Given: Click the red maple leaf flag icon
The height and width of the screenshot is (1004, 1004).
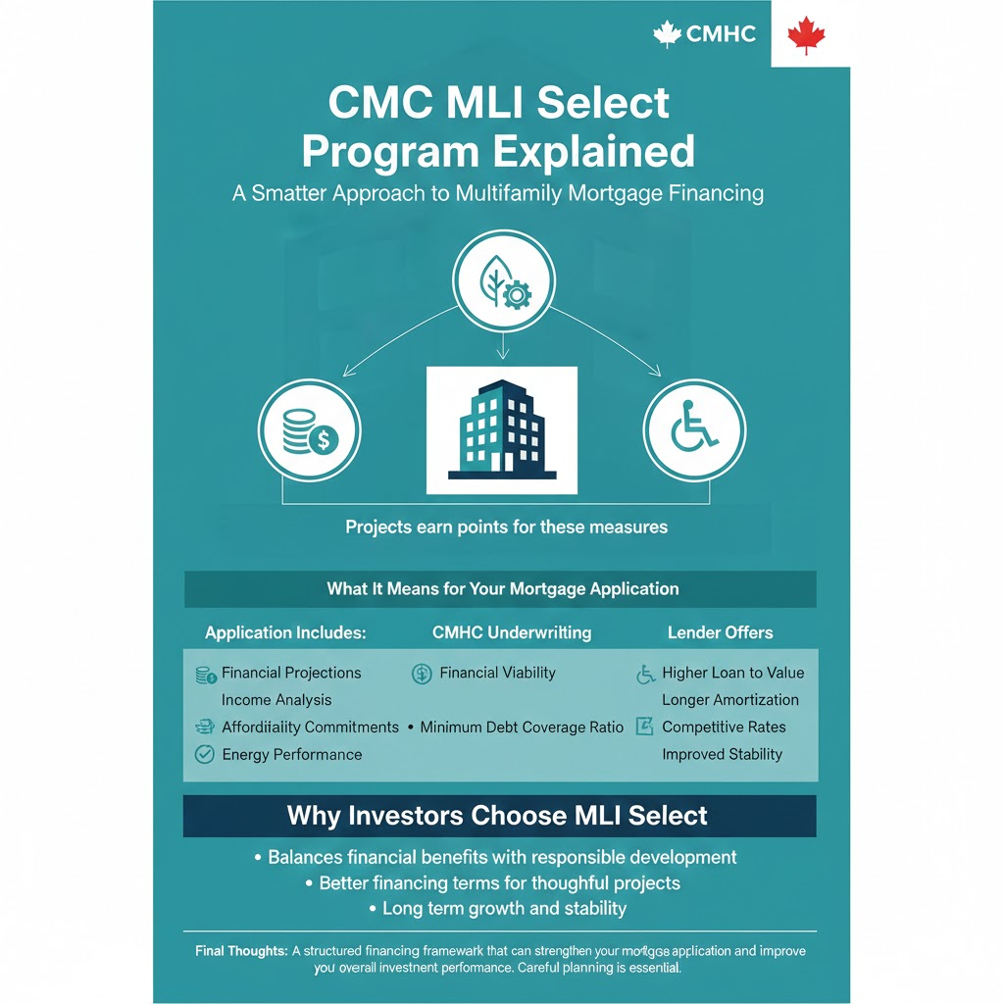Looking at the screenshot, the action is click(x=806, y=35).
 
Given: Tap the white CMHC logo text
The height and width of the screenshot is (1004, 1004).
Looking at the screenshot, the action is click(x=721, y=34).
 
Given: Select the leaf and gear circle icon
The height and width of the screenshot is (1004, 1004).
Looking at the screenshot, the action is click(x=503, y=280).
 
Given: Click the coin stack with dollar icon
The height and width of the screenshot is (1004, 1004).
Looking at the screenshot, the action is click(x=310, y=430).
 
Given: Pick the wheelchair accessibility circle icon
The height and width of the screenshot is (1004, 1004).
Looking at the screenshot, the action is click(x=695, y=430).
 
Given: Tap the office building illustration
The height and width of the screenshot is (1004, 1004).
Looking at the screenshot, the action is click(x=502, y=429).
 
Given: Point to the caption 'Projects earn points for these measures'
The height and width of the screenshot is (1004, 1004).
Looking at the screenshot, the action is click(x=507, y=527).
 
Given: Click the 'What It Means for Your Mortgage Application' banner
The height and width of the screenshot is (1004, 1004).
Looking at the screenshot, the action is click(x=500, y=589).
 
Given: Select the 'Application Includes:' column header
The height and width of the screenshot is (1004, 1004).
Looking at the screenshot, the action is click(x=285, y=632).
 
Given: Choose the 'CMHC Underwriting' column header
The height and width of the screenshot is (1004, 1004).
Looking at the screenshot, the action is click(x=512, y=632).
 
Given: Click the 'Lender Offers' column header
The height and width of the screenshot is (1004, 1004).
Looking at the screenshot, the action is click(x=721, y=632).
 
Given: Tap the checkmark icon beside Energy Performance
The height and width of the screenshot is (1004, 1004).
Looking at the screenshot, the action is click(x=204, y=754).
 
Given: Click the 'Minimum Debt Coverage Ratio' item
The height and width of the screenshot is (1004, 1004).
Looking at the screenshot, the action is click(x=522, y=728).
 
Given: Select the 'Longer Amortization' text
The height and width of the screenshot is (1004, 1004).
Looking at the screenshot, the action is click(x=730, y=700).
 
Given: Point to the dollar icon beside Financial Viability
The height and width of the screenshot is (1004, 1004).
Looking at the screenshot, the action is click(x=422, y=674).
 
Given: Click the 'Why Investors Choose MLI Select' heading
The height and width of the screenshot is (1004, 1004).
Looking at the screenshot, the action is click(x=497, y=816).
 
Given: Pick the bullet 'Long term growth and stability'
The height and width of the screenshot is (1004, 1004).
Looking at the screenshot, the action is click(x=505, y=909).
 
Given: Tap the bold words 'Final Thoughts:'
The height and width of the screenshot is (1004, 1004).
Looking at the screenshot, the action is click(x=241, y=951).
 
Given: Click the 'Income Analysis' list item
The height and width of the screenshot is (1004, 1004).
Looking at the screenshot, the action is click(x=276, y=700).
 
